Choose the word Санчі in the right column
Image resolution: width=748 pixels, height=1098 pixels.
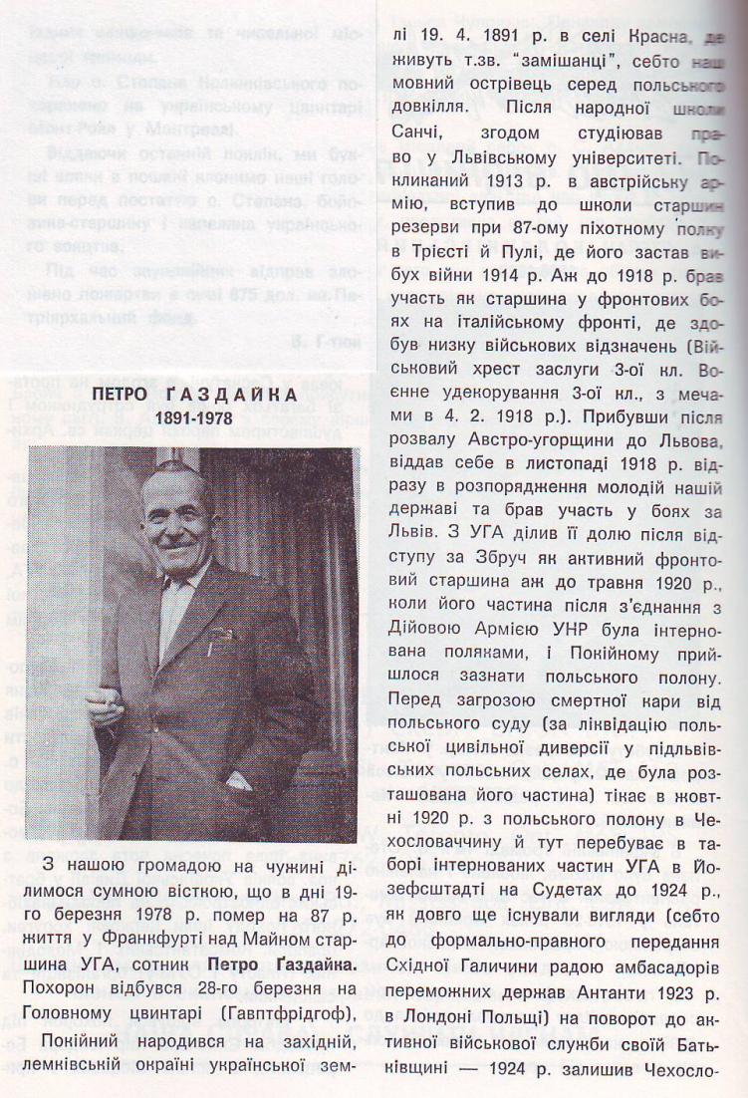point(412,132)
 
